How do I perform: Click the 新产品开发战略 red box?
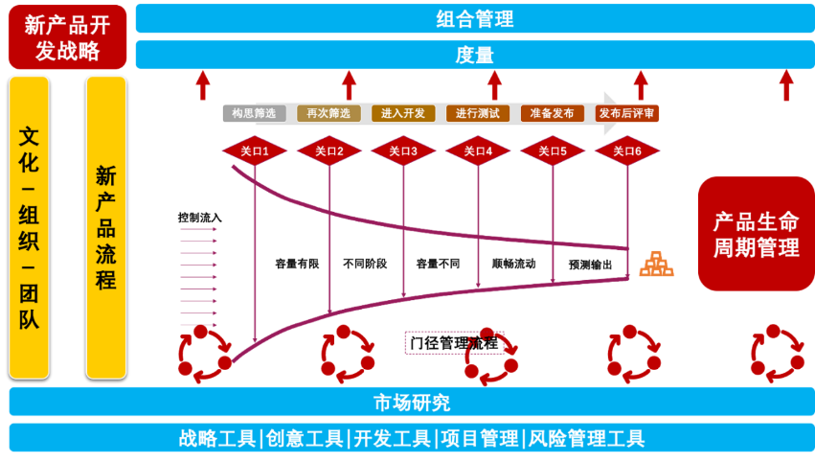click(67, 36)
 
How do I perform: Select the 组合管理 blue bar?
click(474, 18)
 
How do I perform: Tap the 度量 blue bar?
click(474, 55)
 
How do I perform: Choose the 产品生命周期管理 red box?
click(756, 234)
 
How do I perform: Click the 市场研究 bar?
click(412, 402)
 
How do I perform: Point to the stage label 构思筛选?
click(254, 113)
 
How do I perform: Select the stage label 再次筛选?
click(328, 113)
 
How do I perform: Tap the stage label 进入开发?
click(403, 113)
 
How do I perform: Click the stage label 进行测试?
click(478, 113)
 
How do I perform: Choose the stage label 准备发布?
click(553, 113)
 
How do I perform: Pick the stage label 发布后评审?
click(627, 113)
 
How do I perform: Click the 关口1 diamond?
click(255, 150)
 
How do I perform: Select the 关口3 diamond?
click(403, 150)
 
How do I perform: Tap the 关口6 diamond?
click(627, 150)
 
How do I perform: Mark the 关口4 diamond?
click(478, 150)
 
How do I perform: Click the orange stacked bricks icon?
click(657, 264)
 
